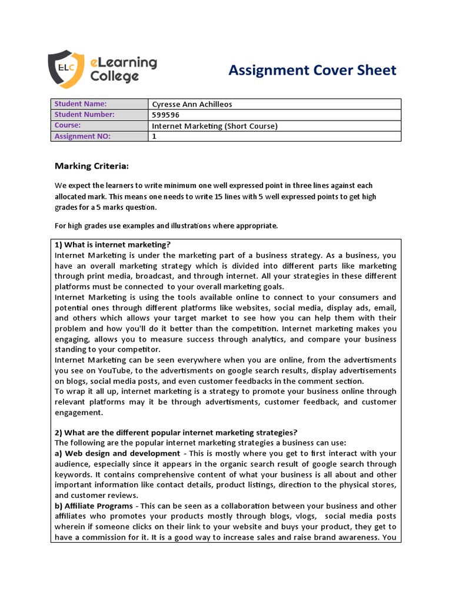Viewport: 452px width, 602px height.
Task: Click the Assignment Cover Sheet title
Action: (312, 71)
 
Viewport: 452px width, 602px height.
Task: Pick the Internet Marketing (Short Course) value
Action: (214, 126)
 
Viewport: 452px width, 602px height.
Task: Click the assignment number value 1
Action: (155, 136)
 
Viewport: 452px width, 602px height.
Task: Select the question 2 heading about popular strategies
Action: (176, 432)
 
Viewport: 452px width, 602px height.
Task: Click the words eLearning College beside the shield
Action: (123, 69)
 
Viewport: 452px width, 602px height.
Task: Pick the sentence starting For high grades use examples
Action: (166, 226)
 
